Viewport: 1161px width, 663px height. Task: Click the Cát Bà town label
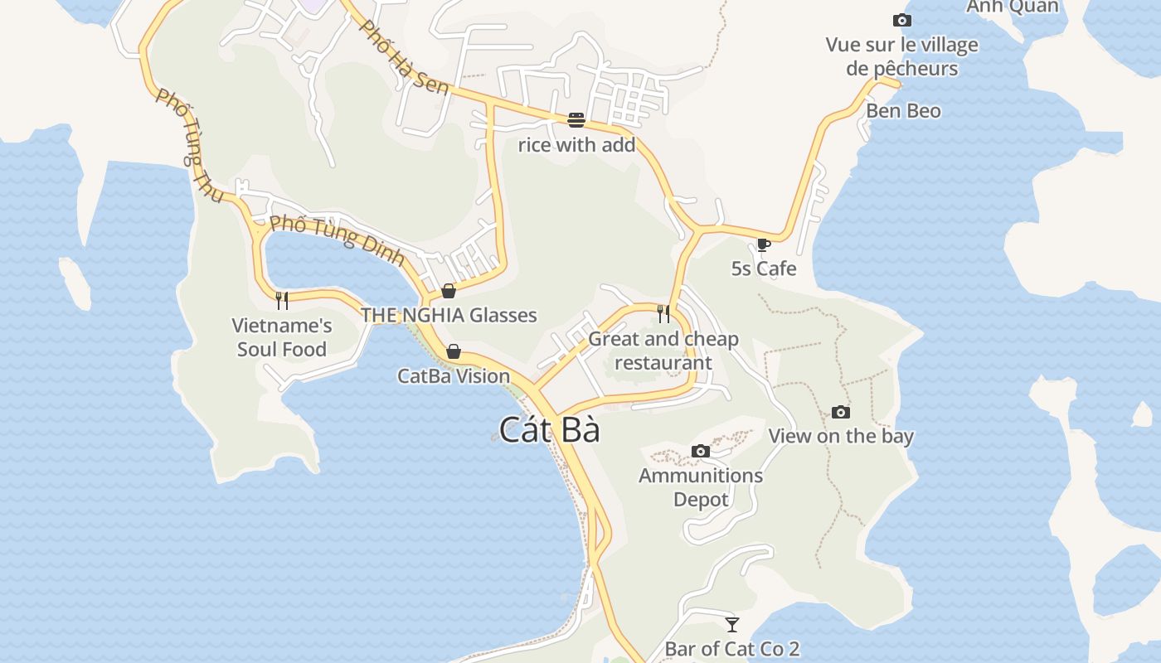click(x=549, y=430)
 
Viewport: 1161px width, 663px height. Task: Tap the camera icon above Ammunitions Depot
click(x=701, y=451)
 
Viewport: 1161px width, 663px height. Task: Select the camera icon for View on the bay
click(x=841, y=412)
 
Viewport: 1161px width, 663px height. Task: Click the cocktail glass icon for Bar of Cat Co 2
click(x=731, y=624)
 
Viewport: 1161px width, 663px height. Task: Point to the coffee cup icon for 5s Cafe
click(x=764, y=244)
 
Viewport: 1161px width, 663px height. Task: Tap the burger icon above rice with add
click(x=576, y=120)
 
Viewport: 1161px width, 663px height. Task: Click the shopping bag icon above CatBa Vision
click(x=454, y=351)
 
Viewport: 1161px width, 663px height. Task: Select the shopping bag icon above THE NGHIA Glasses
click(x=449, y=291)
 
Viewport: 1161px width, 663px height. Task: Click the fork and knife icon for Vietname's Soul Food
click(x=282, y=300)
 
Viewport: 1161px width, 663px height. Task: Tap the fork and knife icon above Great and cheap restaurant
click(x=663, y=313)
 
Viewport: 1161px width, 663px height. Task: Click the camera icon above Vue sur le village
click(x=901, y=20)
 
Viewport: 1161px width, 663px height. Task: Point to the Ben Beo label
click(x=903, y=111)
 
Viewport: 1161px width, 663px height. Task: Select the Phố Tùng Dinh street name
click(x=338, y=240)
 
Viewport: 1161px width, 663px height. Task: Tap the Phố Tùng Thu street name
click(x=190, y=146)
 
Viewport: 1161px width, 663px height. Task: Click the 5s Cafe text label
click(x=764, y=269)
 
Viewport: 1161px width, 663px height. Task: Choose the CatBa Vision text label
click(x=454, y=376)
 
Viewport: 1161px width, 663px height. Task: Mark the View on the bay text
click(x=841, y=437)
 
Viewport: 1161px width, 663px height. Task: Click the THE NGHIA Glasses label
click(x=449, y=315)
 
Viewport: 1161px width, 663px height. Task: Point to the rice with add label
click(x=576, y=145)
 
